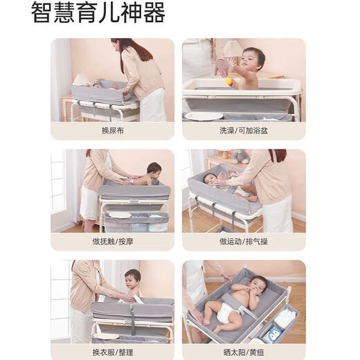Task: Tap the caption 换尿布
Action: (111, 130)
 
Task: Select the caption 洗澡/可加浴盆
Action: (244, 130)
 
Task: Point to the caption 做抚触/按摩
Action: (111, 241)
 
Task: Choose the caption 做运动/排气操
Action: (244, 241)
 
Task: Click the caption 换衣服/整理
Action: (111, 352)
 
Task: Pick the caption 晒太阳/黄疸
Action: (244, 352)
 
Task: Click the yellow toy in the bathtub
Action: (229, 81)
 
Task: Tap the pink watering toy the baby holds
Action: (222, 67)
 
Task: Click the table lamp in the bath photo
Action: (233, 51)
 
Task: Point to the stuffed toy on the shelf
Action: (240, 157)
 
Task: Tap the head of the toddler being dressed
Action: (132, 278)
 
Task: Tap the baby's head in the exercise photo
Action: (209, 179)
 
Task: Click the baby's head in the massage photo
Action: (154, 169)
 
